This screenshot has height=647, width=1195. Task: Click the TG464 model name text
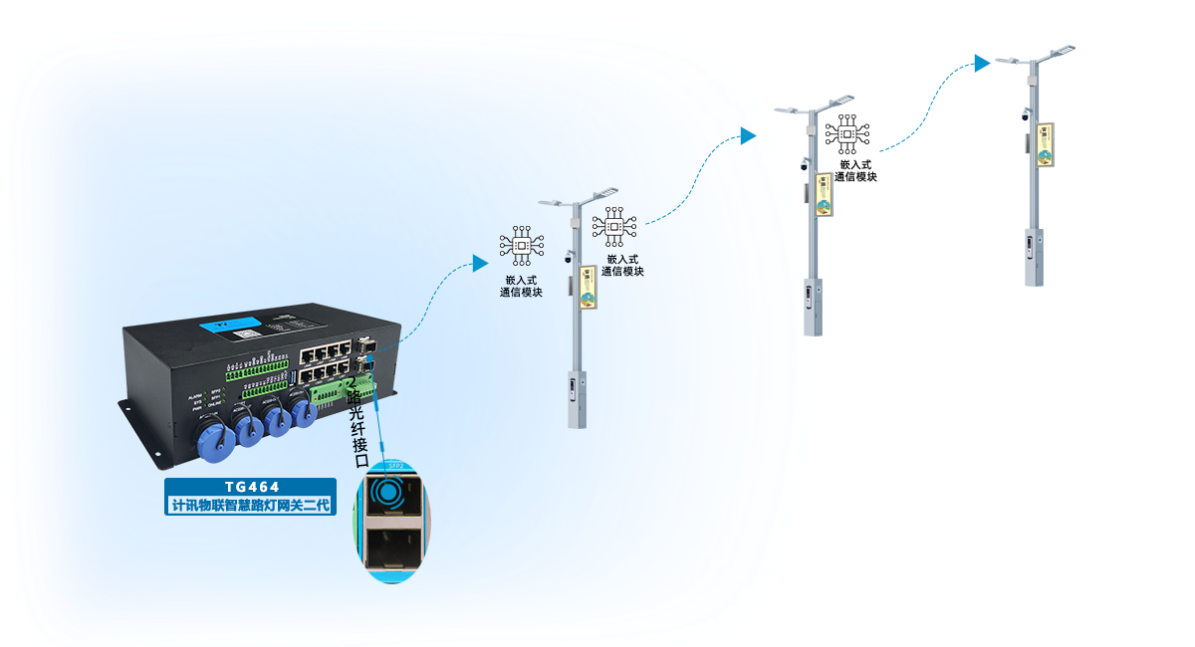point(250,488)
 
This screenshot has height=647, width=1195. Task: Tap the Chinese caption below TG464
point(250,506)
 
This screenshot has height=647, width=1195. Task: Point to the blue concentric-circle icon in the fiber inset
point(387,492)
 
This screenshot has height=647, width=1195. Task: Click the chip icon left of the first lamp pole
point(520,244)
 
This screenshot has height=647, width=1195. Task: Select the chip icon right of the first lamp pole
point(614,227)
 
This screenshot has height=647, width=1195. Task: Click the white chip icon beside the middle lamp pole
point(847,134)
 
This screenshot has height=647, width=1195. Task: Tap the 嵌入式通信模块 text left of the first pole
point(521,287)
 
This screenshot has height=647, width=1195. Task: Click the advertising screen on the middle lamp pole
point(824,193)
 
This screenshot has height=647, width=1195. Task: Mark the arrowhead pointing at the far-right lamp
point(983,63)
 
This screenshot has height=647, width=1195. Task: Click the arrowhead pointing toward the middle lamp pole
point(749,136)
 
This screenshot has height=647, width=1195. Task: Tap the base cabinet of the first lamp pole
point(576,398)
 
